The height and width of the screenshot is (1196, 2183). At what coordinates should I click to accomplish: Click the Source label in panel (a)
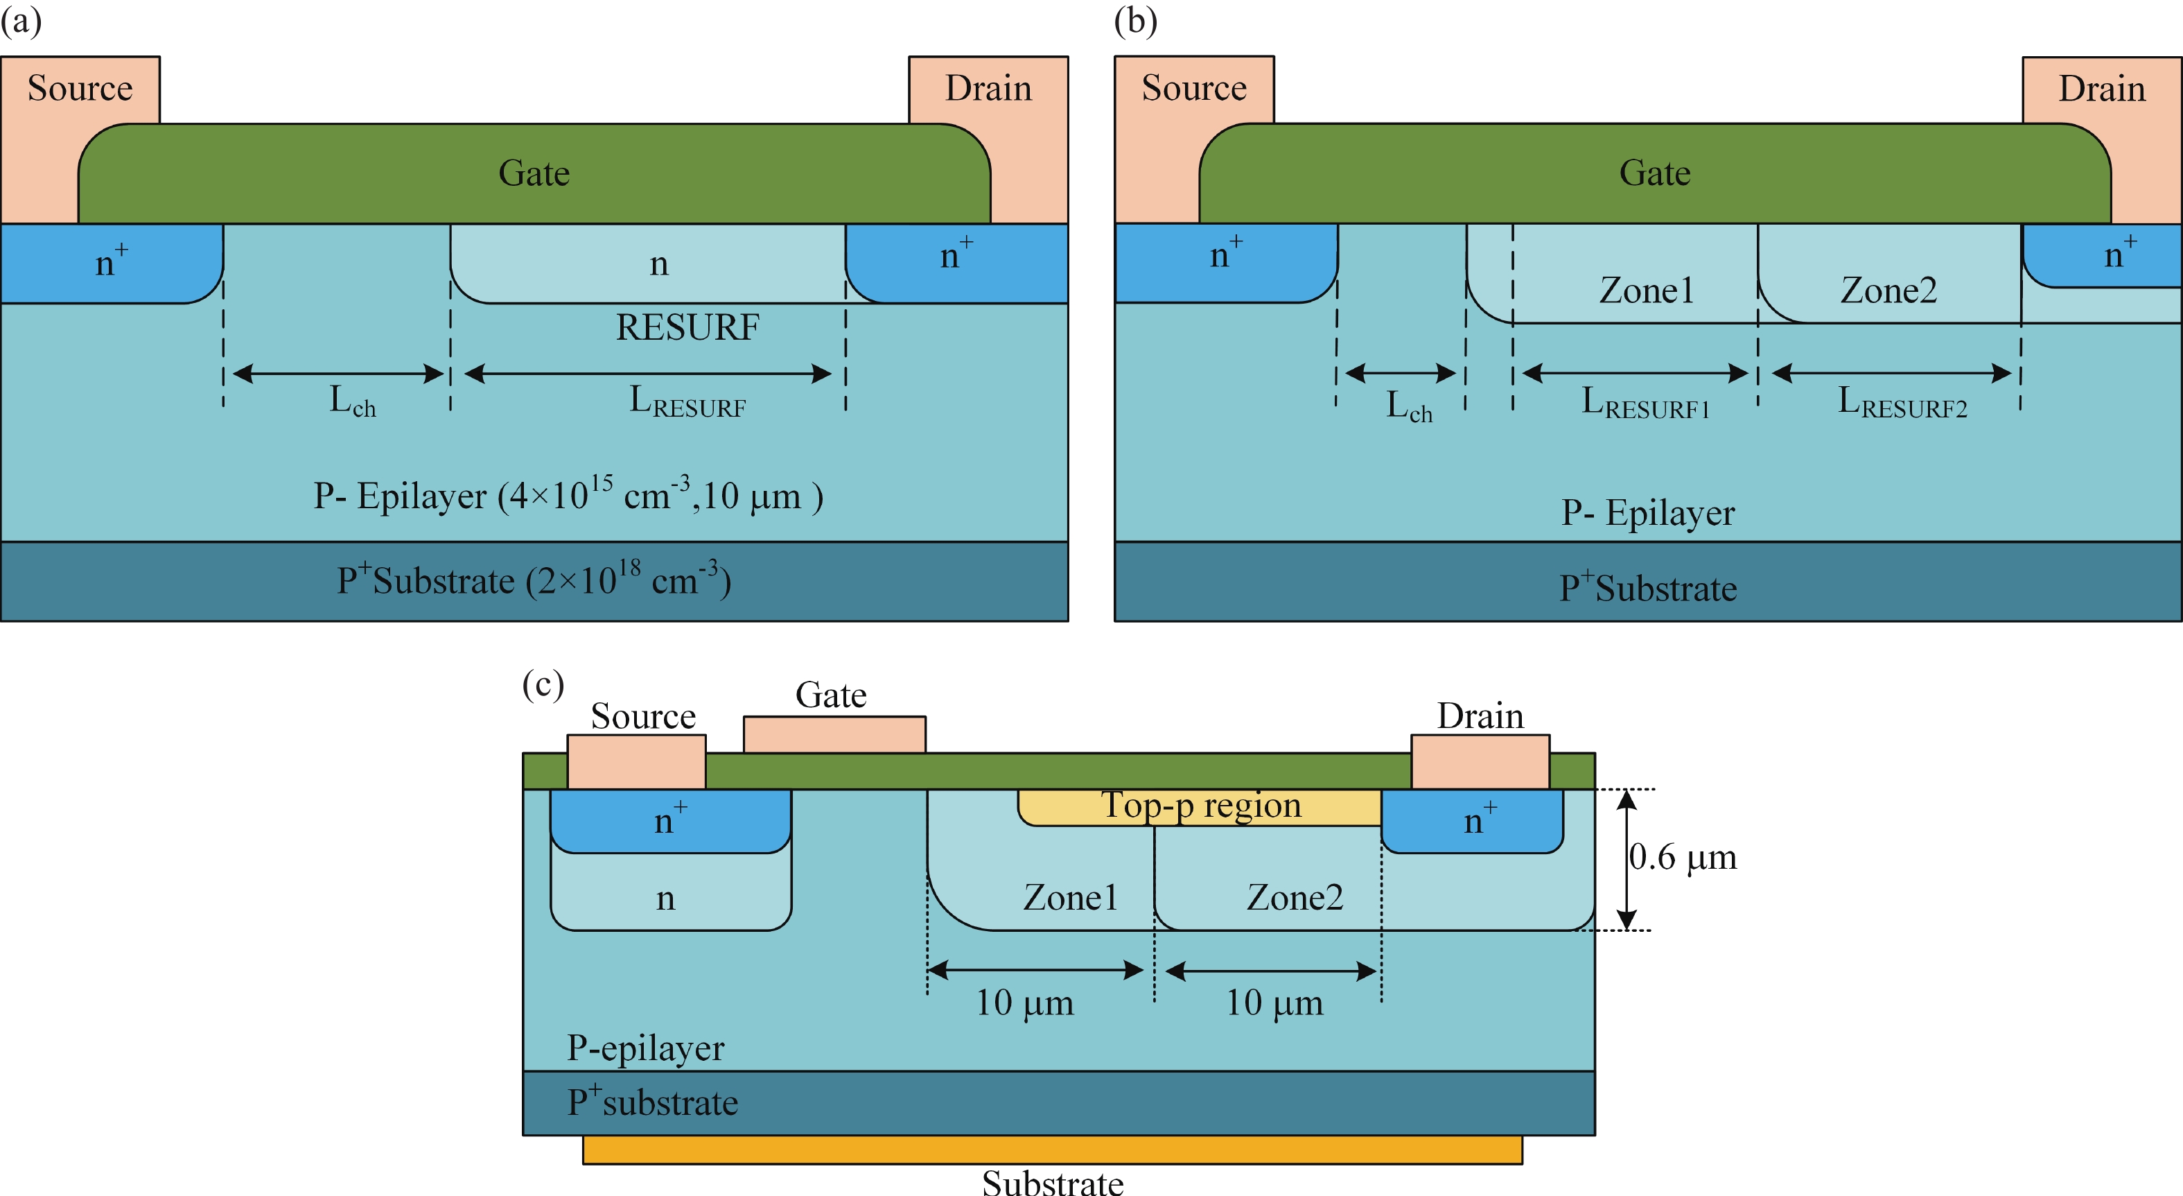[x=80, y=88]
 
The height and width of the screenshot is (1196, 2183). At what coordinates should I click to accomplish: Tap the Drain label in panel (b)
[x=2102, y=89]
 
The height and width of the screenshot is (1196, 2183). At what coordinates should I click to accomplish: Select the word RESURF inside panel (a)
[x=687, y=327]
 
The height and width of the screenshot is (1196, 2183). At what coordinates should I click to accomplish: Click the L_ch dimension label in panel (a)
[x=351, y=400]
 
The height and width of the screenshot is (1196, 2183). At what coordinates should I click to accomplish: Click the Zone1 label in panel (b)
[x=1646, y=291]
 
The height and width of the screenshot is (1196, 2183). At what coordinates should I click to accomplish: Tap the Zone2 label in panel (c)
[x=1294, y=896]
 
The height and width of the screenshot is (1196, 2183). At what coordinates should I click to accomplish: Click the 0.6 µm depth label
[x=1682, y=857]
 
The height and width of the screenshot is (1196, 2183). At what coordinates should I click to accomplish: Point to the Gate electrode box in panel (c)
[x=834, y=734]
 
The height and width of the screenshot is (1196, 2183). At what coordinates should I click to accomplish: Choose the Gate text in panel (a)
[x=534, y=173]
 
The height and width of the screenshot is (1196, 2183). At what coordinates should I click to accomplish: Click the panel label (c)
[x=543, y=683]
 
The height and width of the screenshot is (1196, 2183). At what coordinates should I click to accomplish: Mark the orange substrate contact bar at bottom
[x=1052, y=1150]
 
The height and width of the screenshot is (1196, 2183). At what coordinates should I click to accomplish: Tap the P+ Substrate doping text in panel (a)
[x=534, y=580]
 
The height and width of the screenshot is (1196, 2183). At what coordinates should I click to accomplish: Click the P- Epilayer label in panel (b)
[x=1647, y=513]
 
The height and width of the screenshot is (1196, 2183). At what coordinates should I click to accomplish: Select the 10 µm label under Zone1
[x=1024, y=1003]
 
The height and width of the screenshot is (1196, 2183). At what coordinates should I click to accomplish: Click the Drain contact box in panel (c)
[x=1480, y=761]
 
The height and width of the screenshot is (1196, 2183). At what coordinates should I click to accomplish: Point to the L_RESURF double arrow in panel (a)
[x=647, y=374]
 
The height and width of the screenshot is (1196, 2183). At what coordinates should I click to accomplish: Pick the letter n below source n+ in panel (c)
[x=665, y=898]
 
